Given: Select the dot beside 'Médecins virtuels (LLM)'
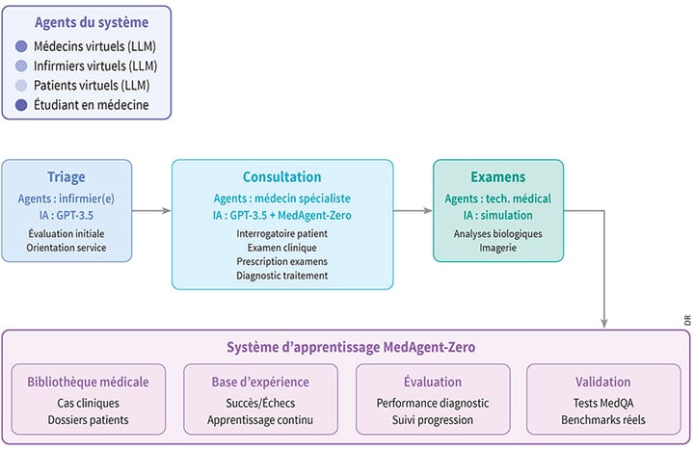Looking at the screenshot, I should (21, 46).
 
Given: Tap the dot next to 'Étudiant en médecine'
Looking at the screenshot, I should (21, 104).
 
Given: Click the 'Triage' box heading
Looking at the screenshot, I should (67, 177).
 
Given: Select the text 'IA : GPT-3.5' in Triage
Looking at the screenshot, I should (67, 215).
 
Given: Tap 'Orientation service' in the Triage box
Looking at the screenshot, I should (67, 249).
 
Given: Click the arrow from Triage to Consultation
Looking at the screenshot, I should (151, 209).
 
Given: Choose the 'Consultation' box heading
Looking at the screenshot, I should (282, 177).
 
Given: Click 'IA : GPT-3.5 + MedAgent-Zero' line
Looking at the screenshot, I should (282, 215).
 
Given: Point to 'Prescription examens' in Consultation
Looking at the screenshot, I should (282, 261).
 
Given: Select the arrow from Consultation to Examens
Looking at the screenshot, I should (413, 209).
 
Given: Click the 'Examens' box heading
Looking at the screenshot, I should (497, 177).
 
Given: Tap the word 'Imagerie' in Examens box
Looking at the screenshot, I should (497, 248).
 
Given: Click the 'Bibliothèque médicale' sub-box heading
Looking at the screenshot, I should (89, 382).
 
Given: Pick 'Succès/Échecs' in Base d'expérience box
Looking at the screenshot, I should (260, 404).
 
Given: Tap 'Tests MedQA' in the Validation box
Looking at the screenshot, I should (603, 404).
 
